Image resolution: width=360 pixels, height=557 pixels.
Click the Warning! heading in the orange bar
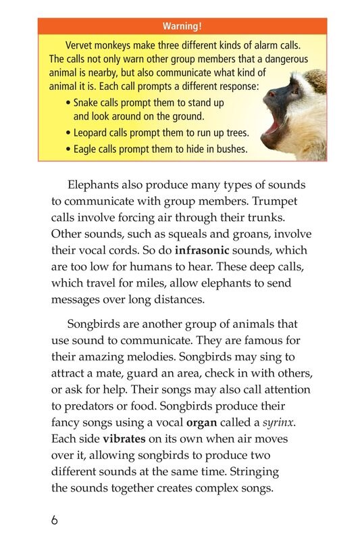coord(182,26)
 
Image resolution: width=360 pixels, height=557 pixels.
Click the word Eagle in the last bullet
coord(86,149)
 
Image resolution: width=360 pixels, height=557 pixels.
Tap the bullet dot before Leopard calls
coord(68,133)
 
